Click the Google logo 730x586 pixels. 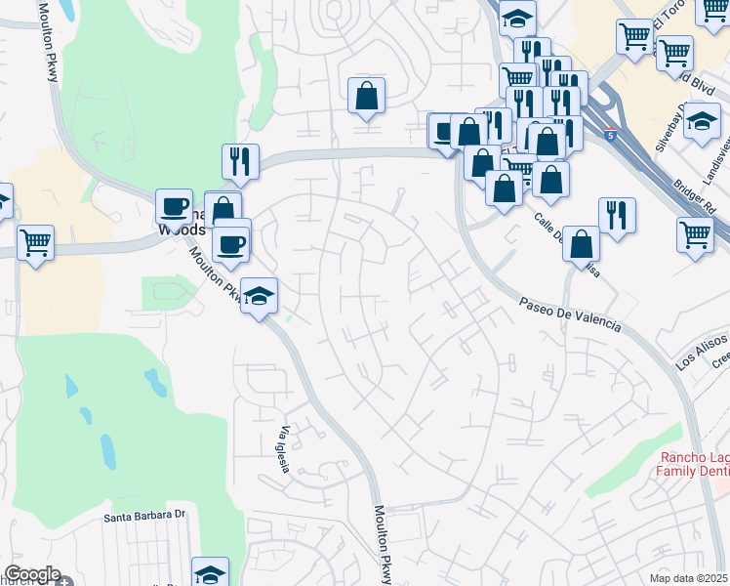click(x=31, y=575)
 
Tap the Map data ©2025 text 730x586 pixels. click(x=690, y=578)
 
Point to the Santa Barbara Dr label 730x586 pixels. click(x=144, y=514)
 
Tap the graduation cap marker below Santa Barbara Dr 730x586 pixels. click(x=210, y=573)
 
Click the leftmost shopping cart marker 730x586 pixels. click(x=35, y=239)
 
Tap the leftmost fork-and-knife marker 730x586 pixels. click(x=240, y=160)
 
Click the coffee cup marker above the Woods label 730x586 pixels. click(x=175, y=206)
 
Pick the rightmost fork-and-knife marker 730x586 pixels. click(x=617, y=215)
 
